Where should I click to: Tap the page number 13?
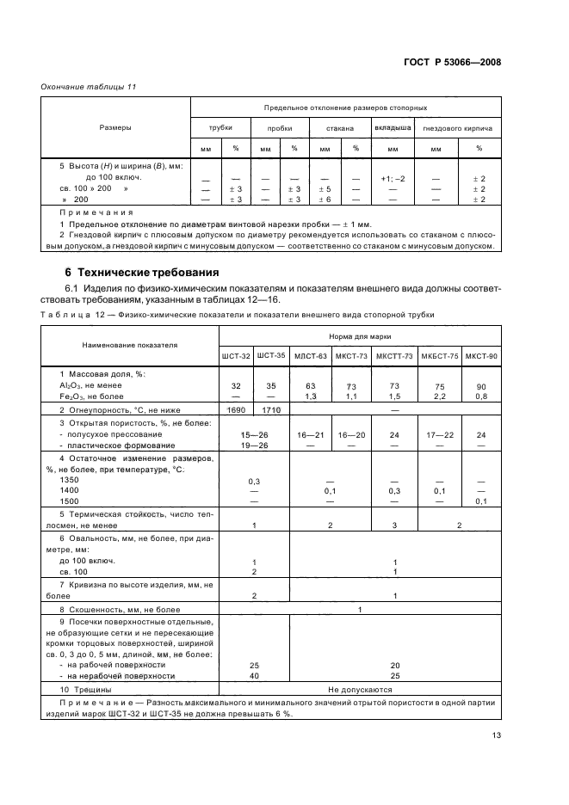(x=496, y=734)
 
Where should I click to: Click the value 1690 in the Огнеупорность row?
(x=237, y=409)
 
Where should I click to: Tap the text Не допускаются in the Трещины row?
(x=359, y=689)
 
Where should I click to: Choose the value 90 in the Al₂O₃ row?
(x=481, y=387)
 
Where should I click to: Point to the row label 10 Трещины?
(x=85, y=689)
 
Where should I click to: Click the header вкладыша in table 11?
(x=392, y=127)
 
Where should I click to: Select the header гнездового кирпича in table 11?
(x=458, y=128)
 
